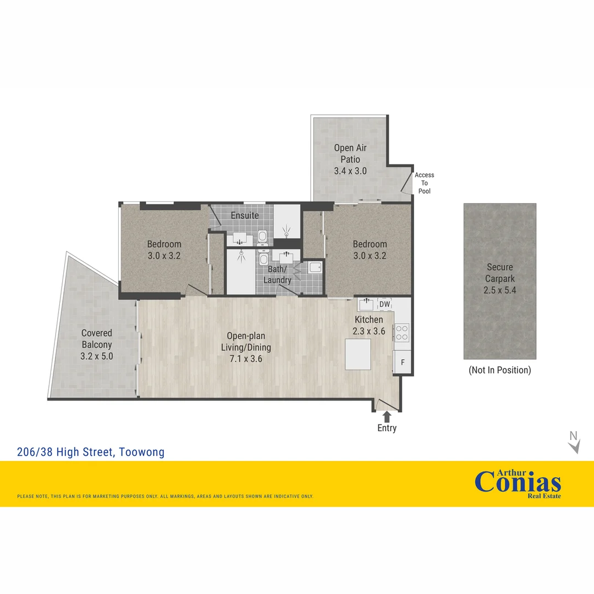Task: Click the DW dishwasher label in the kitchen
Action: click(384, 304)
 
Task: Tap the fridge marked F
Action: click(403, 362)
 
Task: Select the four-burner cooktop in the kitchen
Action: click(402, 332)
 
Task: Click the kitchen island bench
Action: click(358, 354)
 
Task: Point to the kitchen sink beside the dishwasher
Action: click(367, 304)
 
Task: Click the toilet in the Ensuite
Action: click(263, 237)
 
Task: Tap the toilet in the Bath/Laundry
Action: click(263, 258)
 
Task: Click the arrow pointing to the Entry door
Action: click(387, 416)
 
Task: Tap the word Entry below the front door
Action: click(387, 428)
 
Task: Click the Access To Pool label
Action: click(424, 183)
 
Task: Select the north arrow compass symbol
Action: click(574, 442)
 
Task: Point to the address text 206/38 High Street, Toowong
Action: click(91, 453)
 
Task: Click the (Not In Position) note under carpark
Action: click(499, 370)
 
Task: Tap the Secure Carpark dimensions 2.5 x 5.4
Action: click(499, 290)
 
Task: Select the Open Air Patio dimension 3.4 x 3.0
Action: click(350, 171)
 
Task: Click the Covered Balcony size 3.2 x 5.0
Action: click(97, 356)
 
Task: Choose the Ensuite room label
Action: click(245, 215)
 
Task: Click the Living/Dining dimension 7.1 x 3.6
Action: click(246, 359)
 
